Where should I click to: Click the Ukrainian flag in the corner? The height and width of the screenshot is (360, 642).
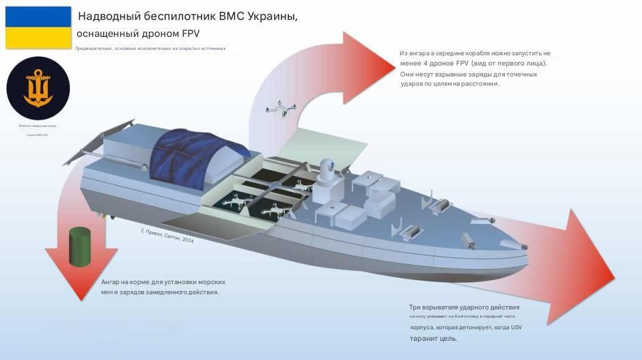tap(38, 27)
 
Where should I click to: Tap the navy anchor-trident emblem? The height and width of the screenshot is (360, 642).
tap(38, 88)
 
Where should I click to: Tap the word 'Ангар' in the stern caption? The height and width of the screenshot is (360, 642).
tap(112, 281)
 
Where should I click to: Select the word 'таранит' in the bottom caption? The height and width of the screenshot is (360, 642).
tap(425, 338)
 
